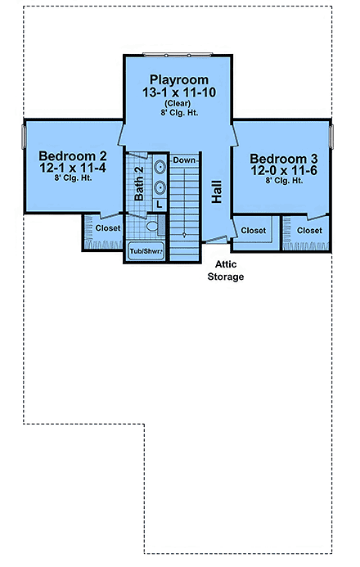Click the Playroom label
pyautogui.click(x=177, y=79)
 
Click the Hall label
pyautogui.click(x=217, y=192)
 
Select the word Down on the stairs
pyautogui.click(x=185, y=160)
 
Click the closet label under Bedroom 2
pyautogui.click(x=106, y=228)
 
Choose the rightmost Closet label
pyautogui.click(x=309, y=231)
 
